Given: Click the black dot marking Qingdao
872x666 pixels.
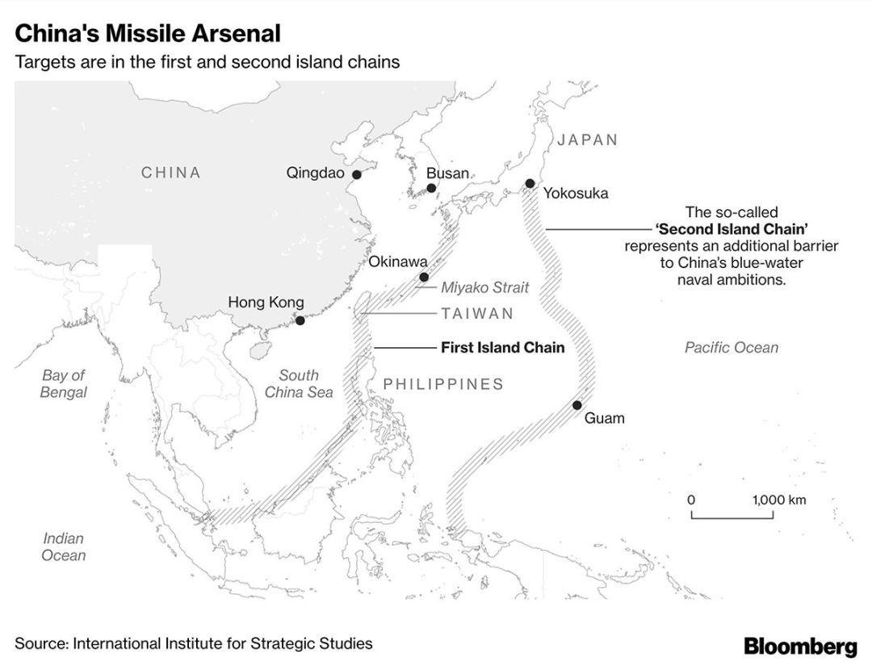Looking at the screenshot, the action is point(357,174).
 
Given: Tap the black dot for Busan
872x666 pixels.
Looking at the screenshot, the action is point(431,188).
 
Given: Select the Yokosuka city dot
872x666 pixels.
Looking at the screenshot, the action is point(530,183).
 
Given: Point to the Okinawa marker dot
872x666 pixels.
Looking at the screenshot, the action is point(424,277).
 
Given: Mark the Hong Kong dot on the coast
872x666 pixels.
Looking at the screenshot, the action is point(300,320).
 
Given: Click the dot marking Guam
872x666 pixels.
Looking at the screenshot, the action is point(577,404).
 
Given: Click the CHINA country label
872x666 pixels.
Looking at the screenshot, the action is point(170,172).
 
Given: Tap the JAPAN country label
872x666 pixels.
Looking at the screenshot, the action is point(588,140).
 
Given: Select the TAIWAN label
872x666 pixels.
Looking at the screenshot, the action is point(478,313).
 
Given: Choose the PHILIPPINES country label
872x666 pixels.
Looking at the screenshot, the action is point(443,384).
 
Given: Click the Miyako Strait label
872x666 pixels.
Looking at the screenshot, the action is point(485,287).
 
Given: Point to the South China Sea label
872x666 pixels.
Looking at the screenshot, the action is point(299,383).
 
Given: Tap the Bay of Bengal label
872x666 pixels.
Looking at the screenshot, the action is point(64,383).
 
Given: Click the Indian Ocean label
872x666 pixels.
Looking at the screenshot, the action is point(64,547).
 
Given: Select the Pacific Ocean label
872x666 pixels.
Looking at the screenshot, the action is point(732,347).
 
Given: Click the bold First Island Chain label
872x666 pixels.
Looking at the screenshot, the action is point(503,347).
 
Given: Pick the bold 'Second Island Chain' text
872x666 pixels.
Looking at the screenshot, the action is point(732,229).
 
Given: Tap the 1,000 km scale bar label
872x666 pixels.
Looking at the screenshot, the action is point(779,500).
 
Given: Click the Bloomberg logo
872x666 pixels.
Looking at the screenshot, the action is point(800,646).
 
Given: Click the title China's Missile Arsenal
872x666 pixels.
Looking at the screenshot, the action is point(148,33).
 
